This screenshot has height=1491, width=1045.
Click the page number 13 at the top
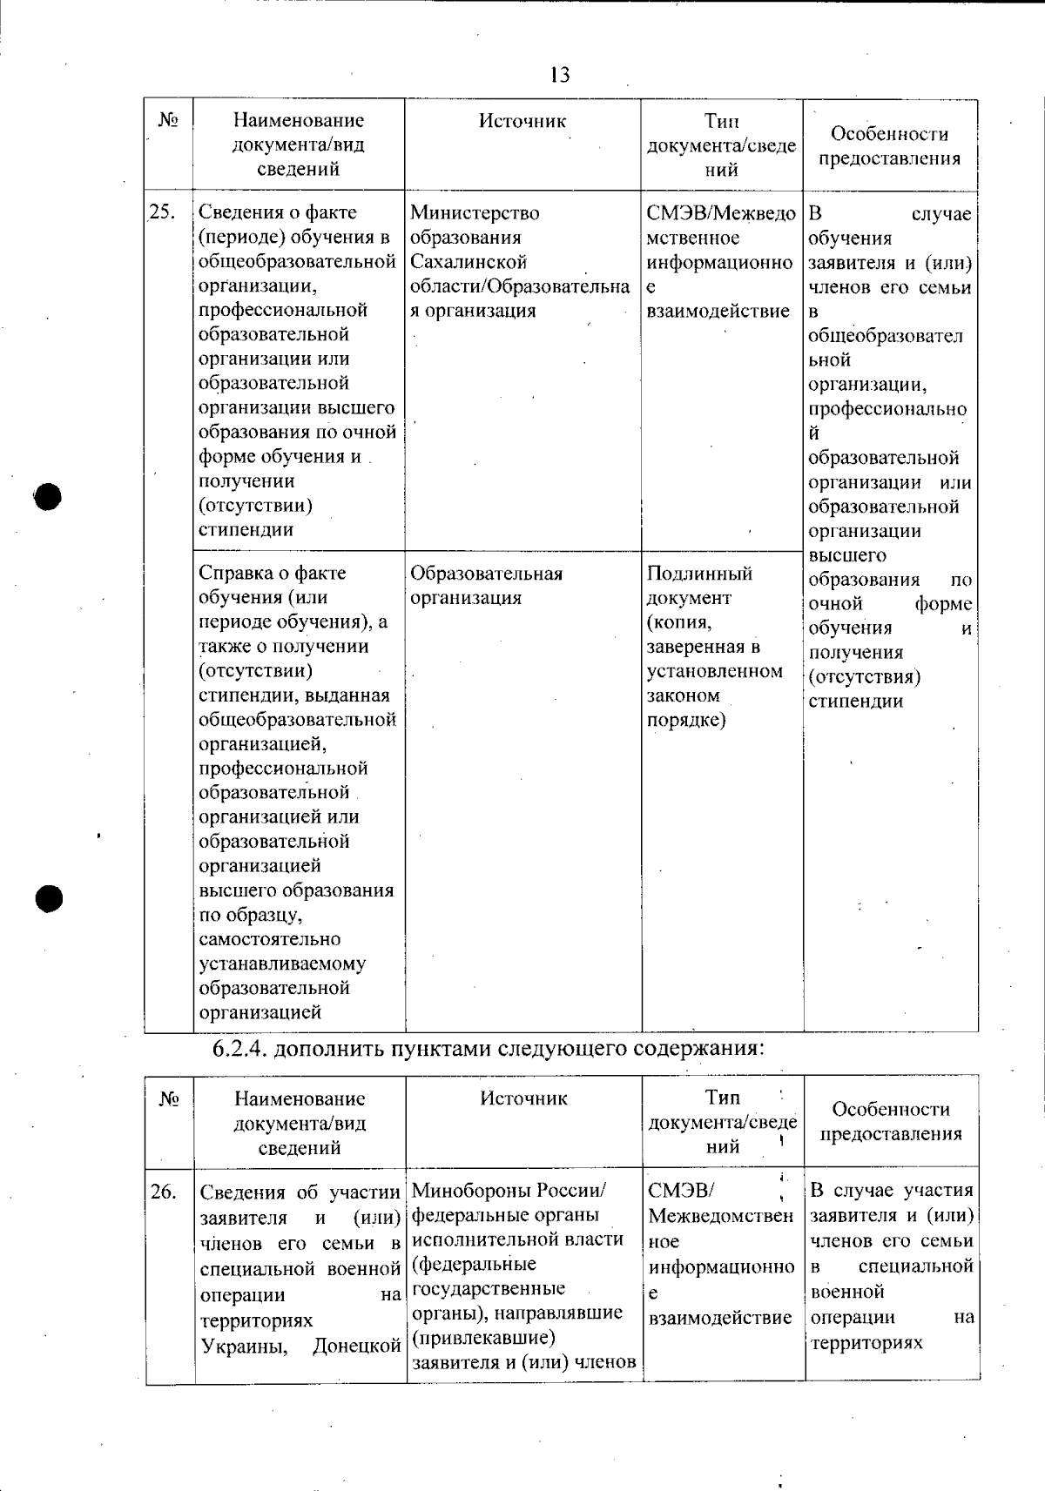560,75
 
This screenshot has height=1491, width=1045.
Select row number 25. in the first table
163,212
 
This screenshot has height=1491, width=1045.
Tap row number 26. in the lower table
164,1191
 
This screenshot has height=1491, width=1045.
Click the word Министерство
475,213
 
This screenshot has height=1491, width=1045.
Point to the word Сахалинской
469,262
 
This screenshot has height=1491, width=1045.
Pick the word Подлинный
699,574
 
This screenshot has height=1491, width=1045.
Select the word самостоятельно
270,939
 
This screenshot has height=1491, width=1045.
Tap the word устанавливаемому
282,964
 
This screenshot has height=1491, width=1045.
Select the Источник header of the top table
522,122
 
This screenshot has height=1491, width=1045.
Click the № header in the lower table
169,1099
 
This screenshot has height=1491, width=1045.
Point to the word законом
684,695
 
